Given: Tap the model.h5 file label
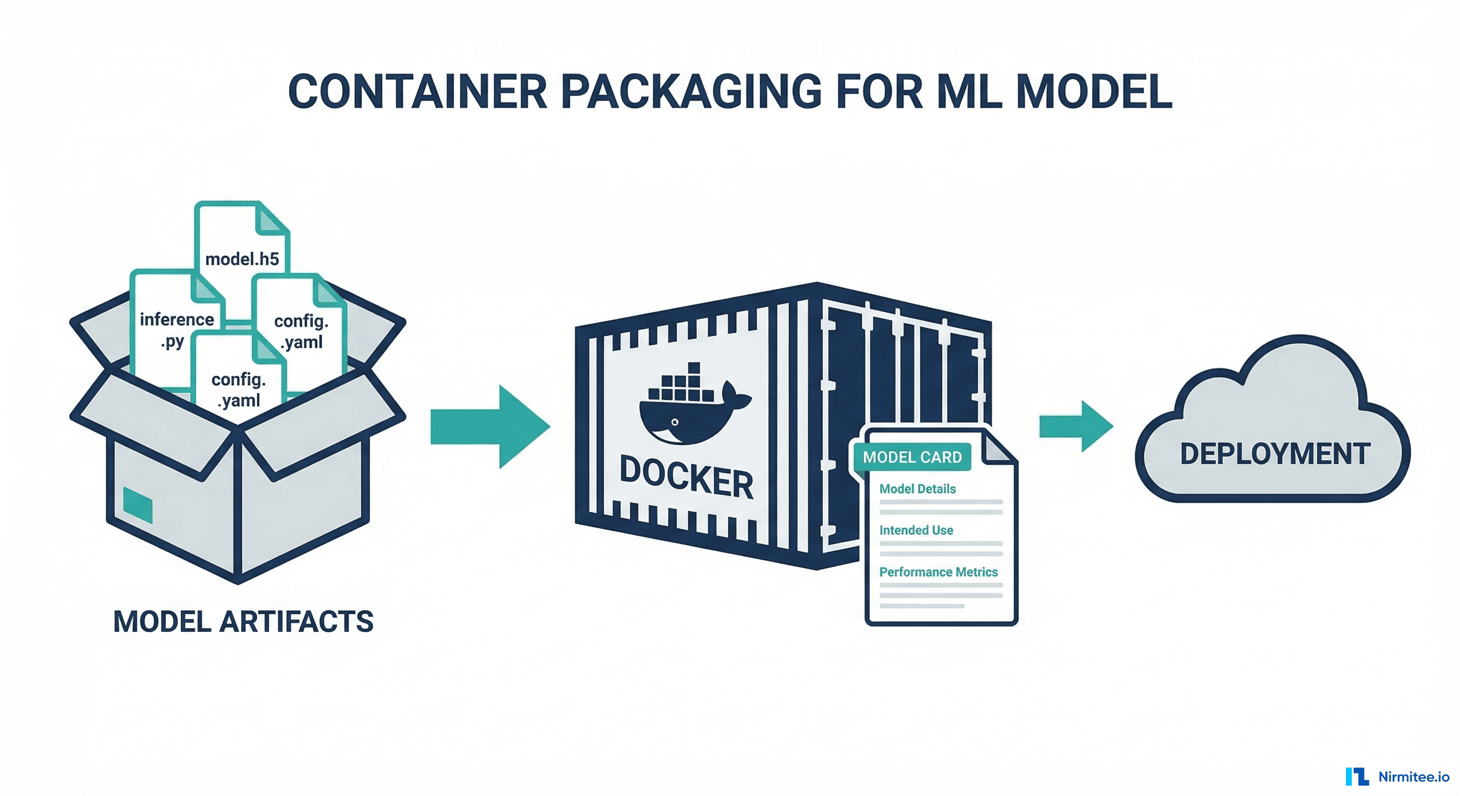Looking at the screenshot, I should point(242,259).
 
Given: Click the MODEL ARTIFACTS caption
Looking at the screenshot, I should point(243,621).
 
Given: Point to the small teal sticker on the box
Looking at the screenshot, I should point(138,505).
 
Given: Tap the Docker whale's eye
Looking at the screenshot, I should point(675,422).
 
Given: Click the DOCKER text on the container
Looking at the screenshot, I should point(686,478).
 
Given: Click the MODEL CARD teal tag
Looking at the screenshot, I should point(912,457).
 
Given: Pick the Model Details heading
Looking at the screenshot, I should point(917,488).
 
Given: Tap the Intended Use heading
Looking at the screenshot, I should point(916,530).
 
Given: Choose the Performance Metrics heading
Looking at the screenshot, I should point(938,572).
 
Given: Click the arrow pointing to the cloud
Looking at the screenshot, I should point(1075,427).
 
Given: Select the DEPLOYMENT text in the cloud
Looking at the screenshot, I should point(1275,454).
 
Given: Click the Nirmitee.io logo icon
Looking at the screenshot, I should point(1356,776).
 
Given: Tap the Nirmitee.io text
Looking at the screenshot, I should point(1413,777).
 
